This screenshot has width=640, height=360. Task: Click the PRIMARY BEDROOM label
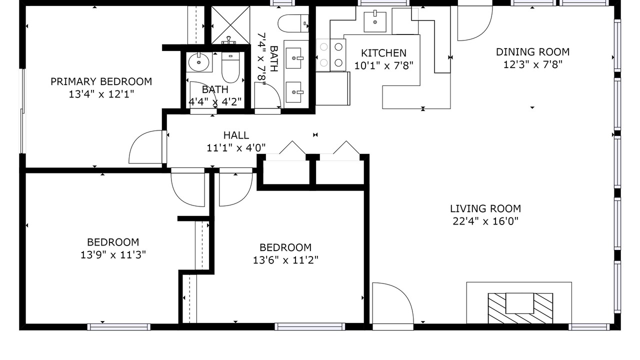click(x=101, y=81)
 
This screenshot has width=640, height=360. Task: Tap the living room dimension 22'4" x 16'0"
click(x=485, y=221)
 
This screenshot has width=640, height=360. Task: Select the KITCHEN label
click(x=383, y=53)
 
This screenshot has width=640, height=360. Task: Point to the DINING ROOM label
click(x=532, y=52)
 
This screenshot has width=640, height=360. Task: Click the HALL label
click(x=236, y=135)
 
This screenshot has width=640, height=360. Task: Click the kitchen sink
click(x=375, y=21)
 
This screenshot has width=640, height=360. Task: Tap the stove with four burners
click(x=331, y=55)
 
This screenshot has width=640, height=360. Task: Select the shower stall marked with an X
click(x=230, y=25)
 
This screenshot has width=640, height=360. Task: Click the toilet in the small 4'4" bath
click(x=230, y=67)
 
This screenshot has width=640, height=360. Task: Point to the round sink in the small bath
click(x=199, y=62)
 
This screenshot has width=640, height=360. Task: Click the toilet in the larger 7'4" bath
click(x=293, y=23)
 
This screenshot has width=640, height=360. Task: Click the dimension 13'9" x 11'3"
click(x=113, y=255)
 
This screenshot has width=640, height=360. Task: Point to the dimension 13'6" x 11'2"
click(x=285, y=260)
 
